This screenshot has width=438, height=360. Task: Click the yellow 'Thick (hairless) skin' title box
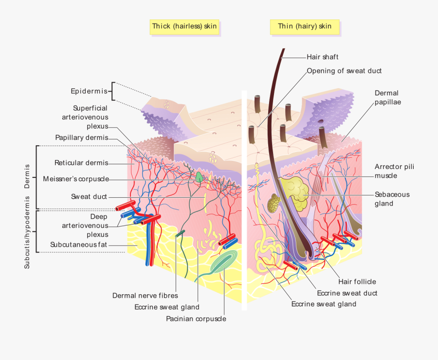click(184, 26)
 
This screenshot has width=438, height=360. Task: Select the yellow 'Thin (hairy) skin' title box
click(305, 26)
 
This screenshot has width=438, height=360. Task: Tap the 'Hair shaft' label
click(322, 57)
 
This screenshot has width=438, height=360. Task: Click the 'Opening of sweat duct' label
click(344, 71)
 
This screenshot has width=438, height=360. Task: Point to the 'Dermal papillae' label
click(387, 97)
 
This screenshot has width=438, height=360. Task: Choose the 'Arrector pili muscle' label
click(394, 171)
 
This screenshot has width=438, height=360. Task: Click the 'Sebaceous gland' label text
click(392, 199)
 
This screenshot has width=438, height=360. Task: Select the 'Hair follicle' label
click(357, 282)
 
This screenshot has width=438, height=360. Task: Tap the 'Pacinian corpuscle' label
click(196, 319)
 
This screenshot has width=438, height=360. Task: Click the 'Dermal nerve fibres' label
click(145, 295)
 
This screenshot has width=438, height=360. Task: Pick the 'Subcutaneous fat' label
click(78, 245)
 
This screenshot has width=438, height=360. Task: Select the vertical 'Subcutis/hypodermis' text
click(28, 232)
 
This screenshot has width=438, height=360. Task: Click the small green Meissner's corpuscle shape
click(200, 176)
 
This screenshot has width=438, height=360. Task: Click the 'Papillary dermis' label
click(82, 137)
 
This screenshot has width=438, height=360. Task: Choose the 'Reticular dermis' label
click(81, 163)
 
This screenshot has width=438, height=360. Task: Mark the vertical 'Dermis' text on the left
click(28, 176)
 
